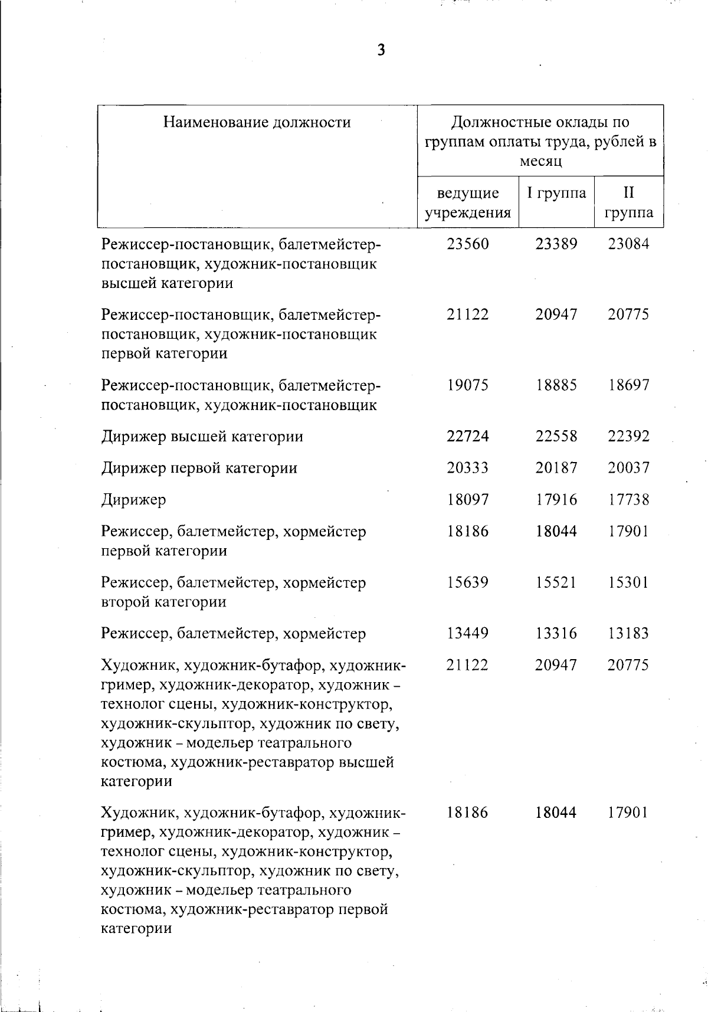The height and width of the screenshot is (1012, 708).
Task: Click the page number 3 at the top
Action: coord(381,50)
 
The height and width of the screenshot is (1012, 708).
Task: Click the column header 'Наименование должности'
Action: coord(257,122)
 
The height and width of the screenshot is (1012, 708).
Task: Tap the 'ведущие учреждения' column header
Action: coord(468,202)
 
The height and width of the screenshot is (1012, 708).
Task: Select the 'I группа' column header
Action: coord(556,193)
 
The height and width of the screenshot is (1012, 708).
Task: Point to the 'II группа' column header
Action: coord(628,202)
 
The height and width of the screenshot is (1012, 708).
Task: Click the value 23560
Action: coord(468,244)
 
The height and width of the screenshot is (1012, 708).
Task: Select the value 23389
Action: coord(556,244)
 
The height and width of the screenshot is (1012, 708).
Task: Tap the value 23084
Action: coord(628,244)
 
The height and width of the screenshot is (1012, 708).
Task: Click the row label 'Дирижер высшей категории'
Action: coord(202,437)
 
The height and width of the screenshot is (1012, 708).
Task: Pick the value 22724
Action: coord(468,437)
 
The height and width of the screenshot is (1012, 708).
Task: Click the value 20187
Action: coord(556,468)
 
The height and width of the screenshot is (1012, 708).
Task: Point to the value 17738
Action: coord(628,500)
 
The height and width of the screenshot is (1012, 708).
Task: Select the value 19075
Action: coord(468,385)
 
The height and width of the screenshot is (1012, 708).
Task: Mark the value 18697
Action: coord(628,385)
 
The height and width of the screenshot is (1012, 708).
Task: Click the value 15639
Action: coord(468,582)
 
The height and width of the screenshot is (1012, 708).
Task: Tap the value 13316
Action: coord(556,633)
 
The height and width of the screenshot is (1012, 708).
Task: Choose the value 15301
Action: coord(628,582)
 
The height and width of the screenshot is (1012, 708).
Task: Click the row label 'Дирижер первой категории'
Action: coord(199,468)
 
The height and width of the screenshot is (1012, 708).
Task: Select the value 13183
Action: coord(628,633)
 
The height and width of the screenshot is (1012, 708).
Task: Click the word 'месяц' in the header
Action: coord(540,161)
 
